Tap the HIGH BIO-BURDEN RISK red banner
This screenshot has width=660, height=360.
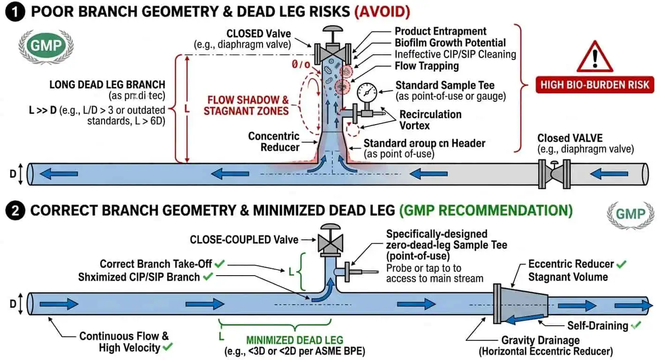click(594, 85)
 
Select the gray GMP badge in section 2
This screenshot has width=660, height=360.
click(630, 214)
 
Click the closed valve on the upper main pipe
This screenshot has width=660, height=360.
click(554, 174)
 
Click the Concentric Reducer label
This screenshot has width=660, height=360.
click(274, 142)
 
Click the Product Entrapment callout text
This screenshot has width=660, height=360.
click(440, 31)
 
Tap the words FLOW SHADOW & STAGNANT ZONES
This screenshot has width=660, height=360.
click(248, 105)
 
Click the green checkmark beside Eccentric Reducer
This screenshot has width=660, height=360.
click(621, 264)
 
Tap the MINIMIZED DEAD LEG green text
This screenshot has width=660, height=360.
click(294, 340)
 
